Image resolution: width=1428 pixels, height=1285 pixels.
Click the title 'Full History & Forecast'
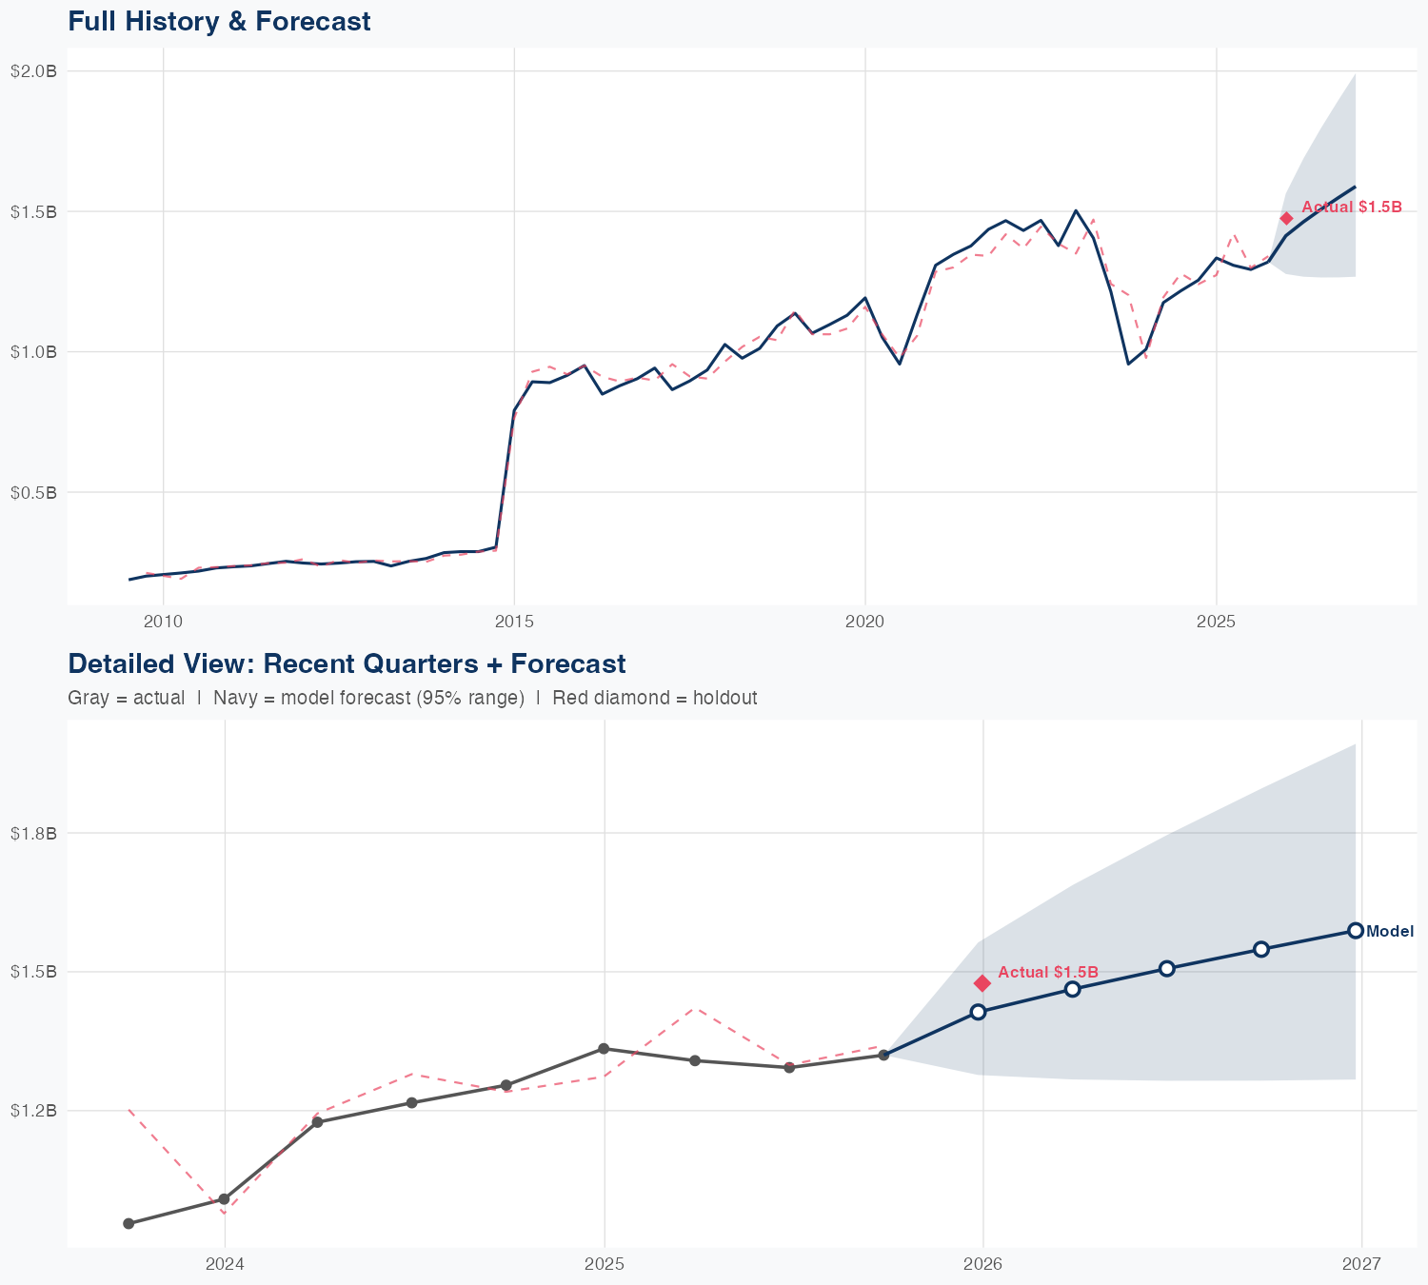click(219, 21)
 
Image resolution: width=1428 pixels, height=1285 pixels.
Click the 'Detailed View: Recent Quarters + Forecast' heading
click(347, 663)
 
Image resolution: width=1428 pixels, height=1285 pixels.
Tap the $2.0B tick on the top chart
click(34, 70)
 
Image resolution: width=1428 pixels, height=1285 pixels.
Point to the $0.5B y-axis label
click(34, 492)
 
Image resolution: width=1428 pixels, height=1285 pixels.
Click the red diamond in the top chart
click(1286, 218)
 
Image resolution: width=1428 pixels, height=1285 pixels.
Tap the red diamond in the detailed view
click(982, 983)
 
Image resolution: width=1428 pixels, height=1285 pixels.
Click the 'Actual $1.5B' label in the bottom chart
click(1048, 972)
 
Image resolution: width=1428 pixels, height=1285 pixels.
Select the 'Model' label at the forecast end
click(1390, 932)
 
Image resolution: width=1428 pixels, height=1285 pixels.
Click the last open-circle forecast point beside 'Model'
click(1356, 931)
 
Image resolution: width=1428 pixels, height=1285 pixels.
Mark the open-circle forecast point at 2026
click(978, 1012)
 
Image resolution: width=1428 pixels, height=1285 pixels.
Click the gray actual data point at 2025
click(604, 1049)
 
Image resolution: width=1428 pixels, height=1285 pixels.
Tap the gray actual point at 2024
click(224, 1199)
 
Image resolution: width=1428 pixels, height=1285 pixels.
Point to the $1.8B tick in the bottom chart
click(34, 833)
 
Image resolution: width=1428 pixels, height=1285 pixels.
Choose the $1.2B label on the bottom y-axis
click(34, 1110)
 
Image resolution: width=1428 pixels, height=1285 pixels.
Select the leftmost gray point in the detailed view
click(129, 1223)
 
